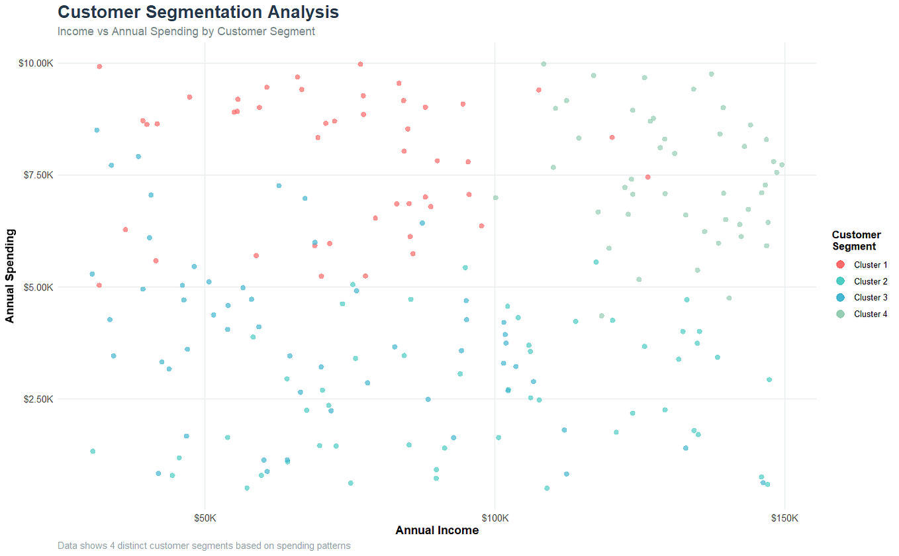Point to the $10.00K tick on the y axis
click(x=35, y=64)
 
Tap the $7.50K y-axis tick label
click(x=36, y=175)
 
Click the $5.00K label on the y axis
click(x=36, y=287)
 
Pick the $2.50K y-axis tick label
click(x=36, y=399)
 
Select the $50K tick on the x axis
click(x=205, y=517)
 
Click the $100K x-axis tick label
click(x=495, y=517)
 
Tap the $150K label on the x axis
click(x=784, y=517)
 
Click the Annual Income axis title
click(x=437, y=530)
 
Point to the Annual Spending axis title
click(x=10, y=276)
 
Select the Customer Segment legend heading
click(x=856, y=241)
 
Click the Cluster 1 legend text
click(x=871, y=265)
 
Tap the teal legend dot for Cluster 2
click(x=841, y=281)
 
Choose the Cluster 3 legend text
click(x=871, y=298)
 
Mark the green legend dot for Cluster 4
click(x=841, y=314)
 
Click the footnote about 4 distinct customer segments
click(x=204, y=546)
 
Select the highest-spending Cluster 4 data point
click(x=544, y=64)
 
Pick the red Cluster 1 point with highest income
click(x=647, y=177)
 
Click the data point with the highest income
click(x=782, y=165)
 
